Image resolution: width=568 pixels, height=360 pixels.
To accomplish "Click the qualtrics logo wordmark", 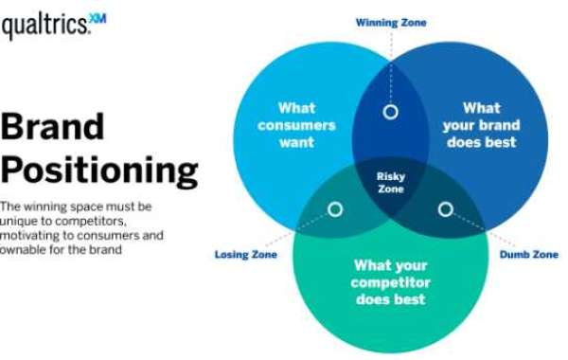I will pos(43,28).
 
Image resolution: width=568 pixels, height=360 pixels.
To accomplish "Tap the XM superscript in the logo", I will pos(98,21).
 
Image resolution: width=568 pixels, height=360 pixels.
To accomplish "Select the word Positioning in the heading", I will pos(98,171).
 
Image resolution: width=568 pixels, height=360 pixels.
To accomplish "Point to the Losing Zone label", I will pos(245,255).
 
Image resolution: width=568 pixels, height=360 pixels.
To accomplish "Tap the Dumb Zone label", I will pos(528,255).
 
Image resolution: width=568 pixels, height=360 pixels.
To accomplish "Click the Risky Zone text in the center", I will pos(390,182).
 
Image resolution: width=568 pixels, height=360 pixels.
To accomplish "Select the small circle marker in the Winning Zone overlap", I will pos(389,112).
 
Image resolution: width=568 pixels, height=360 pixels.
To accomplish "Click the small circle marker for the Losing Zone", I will pos(335,209).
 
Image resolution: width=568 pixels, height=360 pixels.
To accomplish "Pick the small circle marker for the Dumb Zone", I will pos(445,209).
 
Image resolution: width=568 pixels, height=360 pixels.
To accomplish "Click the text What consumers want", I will pos(296,125).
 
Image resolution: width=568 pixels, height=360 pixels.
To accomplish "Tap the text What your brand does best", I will pos(481,125).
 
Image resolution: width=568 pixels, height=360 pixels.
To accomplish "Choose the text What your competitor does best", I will pos(389,282).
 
